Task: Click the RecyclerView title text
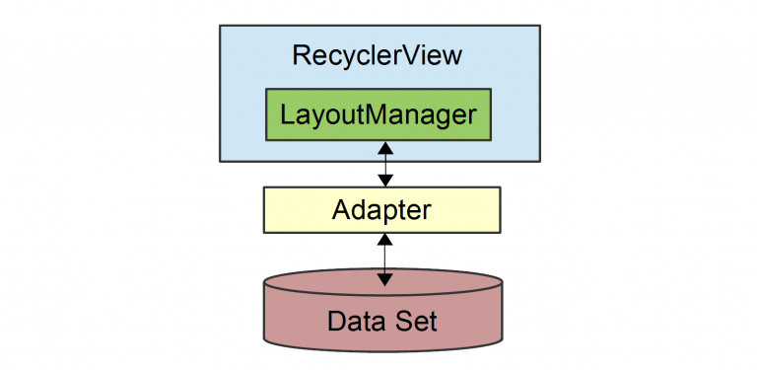[x=378, y=56]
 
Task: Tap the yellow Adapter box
[x=381, y=209]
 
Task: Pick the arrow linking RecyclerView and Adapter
[x=385, y=164]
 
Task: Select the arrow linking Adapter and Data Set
[x=385, y=258]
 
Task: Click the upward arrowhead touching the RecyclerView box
[x=385, y=147]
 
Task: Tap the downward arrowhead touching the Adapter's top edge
[x=385, y=181]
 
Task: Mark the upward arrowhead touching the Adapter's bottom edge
[x=385, y=239]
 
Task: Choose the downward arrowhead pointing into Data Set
[x=385, y=278]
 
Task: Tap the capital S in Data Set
[x=401, y=321]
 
